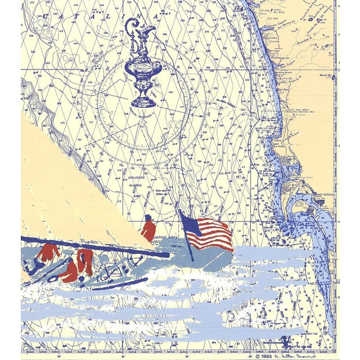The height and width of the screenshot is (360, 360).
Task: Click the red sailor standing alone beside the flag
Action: click(x=148, y=229)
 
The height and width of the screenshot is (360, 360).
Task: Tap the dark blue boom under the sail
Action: click(x=96, y=246)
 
